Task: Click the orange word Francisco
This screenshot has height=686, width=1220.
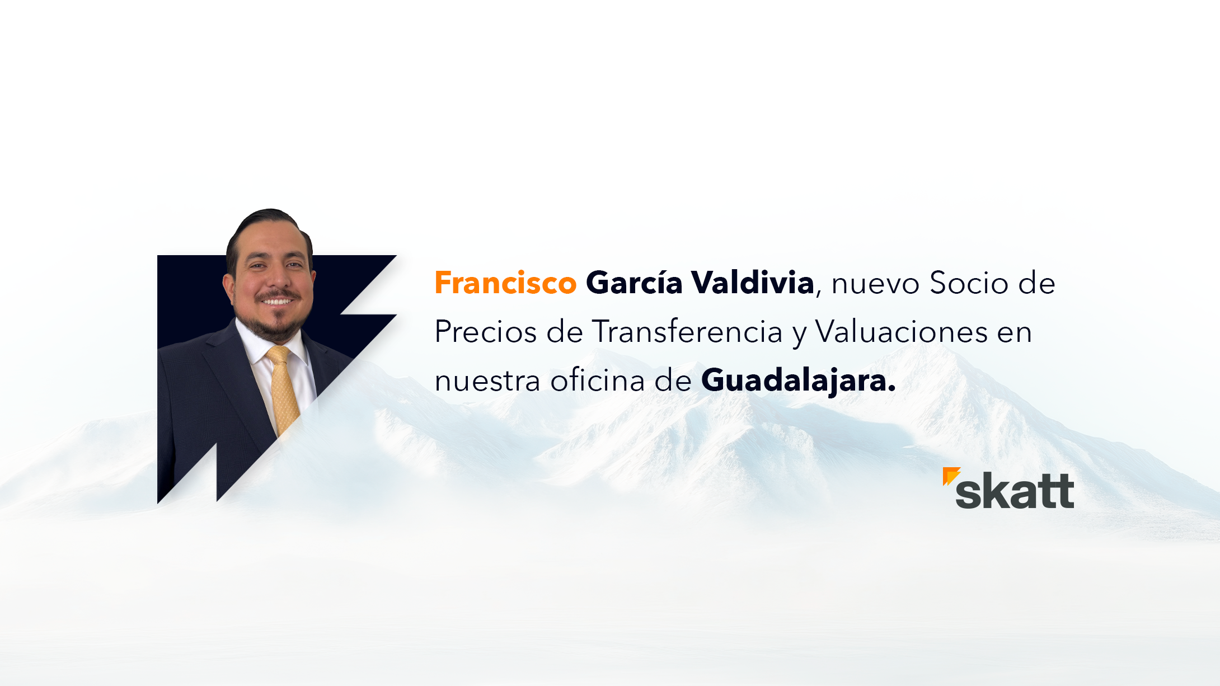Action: pyautogui.click(x=505, y=283)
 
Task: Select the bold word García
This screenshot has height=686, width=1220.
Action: pyautogui.click(x=634, y=283)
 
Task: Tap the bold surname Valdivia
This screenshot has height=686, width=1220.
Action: pyautogui.click(x=753, y=283)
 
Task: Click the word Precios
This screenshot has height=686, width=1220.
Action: pyautogui.click(x=486, y=332)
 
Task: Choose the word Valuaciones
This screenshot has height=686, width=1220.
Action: pyautogui.click(x=901, y=332)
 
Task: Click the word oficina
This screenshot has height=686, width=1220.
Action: pyautogui.click(x=597, y=380)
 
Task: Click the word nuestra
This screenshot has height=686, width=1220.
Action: pyautogui.click(x=487, y=382)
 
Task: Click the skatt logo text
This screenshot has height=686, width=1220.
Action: pyautogui.click(x=1015, y=491)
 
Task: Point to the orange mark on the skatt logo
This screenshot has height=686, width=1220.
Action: pyautogui.click(x=950, y=475)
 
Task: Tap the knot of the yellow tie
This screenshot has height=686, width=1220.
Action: pyautogui.click(x=278, y=354)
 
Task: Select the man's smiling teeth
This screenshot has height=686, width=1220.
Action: pyautogui.click(x=278, y=302)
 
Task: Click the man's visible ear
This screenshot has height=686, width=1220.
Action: pyautogui.click(x=229, y=286)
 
